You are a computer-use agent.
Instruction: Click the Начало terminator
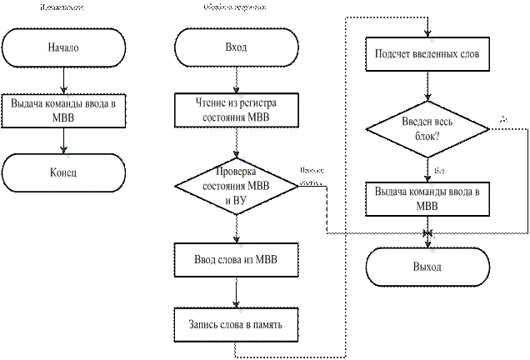click(63, 47)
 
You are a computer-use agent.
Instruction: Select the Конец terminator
click(63, 173)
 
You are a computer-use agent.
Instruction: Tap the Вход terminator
click(237, 47)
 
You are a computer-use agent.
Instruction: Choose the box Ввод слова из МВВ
click(237, 259)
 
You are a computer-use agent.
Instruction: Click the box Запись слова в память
click(237, 323)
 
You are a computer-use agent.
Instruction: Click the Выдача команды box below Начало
click(63, 111)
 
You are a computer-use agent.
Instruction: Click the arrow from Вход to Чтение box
click(236, 80)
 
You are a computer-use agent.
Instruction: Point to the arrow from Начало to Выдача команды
click(64, 80)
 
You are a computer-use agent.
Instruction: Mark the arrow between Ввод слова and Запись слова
click(236, 292)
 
